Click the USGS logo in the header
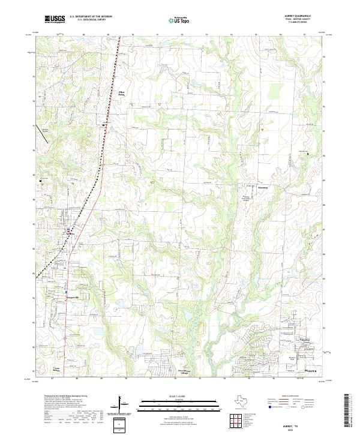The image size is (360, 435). [x=53, y=20]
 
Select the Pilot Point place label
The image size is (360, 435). [x=123, y=93]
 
